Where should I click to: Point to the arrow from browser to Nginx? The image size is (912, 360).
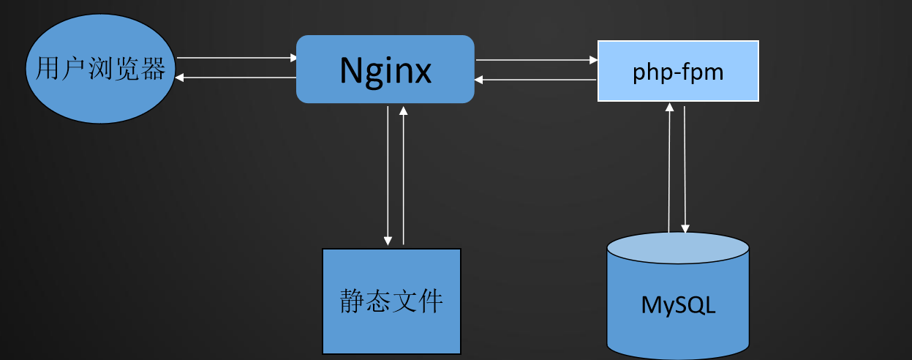tap(236, 57)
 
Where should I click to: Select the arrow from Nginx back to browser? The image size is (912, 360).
tap(236, 77)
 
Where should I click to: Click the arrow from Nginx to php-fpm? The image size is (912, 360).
tap(536, 61)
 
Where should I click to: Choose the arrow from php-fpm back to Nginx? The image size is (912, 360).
tap(536, 79)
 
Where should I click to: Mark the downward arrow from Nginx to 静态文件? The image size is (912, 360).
tap(388, 176)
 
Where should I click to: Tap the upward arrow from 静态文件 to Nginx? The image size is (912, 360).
tap(403, 176)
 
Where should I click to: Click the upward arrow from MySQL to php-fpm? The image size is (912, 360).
tap(668, 168)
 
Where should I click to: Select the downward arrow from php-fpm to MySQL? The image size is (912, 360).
tap(685, 168)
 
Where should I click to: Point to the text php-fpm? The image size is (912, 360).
tap(678, 73)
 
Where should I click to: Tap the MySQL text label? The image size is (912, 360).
tap(678, 304)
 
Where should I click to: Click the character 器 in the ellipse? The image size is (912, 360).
tap(154, 70)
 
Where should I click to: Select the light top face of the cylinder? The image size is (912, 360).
tap(678, 245)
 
